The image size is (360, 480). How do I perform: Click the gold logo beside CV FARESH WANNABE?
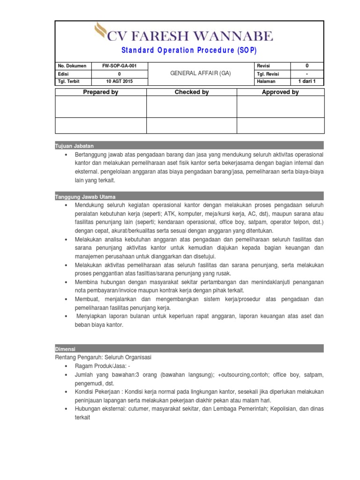pos(100,31)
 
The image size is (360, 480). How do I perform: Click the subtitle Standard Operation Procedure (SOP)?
pos(189,51)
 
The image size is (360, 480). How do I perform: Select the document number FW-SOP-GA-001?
pos(119,66)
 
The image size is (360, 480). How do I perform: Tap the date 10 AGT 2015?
pos(119,82)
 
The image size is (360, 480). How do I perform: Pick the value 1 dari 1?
pos(307,82)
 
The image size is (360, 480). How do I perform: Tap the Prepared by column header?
pos(100,92)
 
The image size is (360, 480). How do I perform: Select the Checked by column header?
pos(191,92)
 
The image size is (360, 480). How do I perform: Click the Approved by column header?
pos(280,92)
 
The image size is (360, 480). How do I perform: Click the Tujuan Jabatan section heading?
pos(72,146)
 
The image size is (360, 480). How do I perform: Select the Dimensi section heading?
pos(65,349)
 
